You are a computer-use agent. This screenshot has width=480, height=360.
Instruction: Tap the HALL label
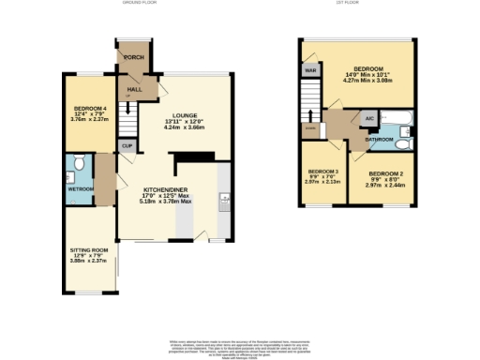134,89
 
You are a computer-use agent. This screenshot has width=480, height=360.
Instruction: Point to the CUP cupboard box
126,145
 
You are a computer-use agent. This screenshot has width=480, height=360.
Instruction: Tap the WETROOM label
80,187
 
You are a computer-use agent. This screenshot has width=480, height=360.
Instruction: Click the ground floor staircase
132,117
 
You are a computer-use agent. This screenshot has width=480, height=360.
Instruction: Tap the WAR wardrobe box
307,68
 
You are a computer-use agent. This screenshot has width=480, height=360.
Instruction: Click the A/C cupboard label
369,119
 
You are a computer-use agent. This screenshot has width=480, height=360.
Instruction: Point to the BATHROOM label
380,139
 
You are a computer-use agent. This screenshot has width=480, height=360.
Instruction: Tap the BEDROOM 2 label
385,174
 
